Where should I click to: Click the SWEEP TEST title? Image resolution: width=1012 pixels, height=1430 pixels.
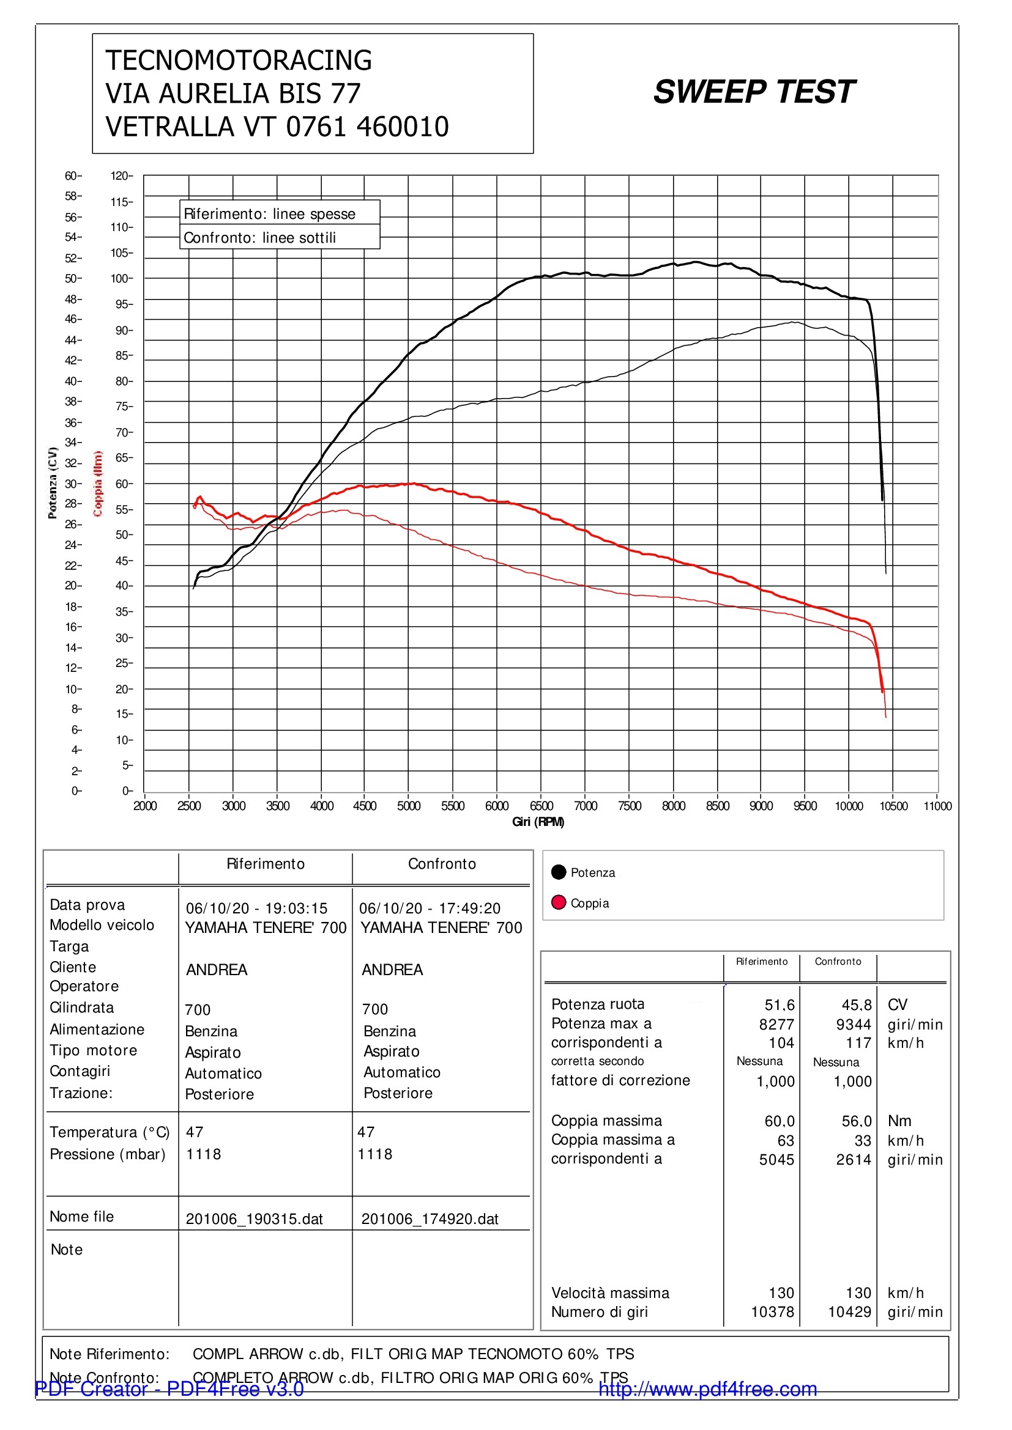(754, 92)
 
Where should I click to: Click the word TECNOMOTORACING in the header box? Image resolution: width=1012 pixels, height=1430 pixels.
(239, 61)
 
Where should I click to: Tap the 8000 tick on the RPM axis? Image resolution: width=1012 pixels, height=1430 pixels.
(674, 806)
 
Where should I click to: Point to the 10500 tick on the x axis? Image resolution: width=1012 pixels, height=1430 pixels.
(893, 806)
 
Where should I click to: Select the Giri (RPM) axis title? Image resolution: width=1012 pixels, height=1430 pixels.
(538, 822)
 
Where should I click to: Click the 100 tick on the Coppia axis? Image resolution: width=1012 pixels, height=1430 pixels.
(122, 278)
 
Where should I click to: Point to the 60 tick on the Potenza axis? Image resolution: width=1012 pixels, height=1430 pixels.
(73, 176)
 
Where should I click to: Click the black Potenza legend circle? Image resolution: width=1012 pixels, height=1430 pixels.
(559, 872)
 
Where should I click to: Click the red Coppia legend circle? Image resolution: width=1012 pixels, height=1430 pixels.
(559, 902)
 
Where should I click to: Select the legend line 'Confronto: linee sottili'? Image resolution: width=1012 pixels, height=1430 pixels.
(260, 238)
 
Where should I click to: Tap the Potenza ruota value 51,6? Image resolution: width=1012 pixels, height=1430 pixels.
(779, 1005)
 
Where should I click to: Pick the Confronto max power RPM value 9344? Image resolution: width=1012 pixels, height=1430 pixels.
(854, 1025)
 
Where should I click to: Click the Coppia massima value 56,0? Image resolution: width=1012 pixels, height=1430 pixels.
(857, 1122)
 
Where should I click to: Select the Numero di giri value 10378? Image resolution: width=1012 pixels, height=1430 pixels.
(773, 1312)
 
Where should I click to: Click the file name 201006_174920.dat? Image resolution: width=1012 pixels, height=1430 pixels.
(430, 1219)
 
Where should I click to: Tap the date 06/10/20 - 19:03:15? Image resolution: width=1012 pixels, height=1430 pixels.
(257, 908)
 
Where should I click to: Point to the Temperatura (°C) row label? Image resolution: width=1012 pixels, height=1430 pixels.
(110, 1132)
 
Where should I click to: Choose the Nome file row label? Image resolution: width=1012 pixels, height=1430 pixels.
(81, 1217)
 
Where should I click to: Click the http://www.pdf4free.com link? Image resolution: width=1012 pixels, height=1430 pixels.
(708, 1389)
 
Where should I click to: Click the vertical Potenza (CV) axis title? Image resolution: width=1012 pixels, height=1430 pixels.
(53, 483)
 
